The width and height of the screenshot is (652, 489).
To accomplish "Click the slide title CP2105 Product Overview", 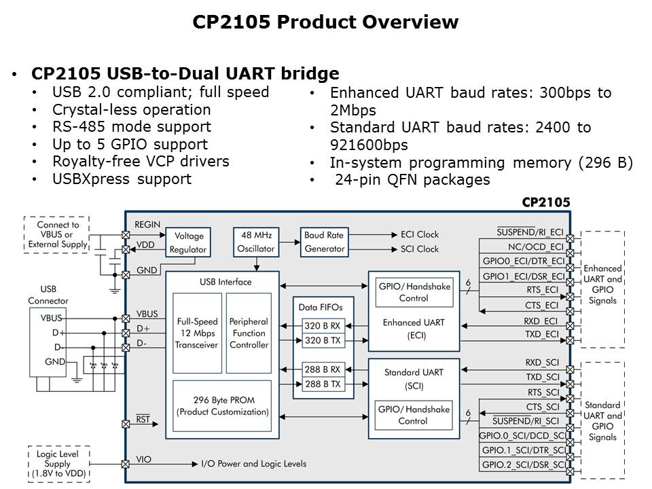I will click(x=325, y=22).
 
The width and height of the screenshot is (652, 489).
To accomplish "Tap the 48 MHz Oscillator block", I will click(x=255, y=242).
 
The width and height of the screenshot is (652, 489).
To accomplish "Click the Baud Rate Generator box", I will click(x=323, y=242).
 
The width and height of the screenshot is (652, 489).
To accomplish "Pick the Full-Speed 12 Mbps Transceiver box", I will click(x=197, y=333).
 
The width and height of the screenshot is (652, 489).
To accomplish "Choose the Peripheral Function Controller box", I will click(x=249, y=333).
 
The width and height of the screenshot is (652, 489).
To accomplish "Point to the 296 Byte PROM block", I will click(x=222, y=406).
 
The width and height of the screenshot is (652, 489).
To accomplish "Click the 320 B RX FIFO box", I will click(x=322, y=326).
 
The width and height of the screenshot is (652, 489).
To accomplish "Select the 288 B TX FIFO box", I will click(x=322, y=384).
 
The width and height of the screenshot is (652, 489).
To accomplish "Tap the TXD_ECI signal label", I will click(x=541, y=334).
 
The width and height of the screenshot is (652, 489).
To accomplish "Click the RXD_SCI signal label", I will click(x=543, y=363).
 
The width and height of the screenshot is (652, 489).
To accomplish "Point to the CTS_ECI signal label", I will click(x=541, y=306).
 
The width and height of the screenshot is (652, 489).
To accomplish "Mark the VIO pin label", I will click(x=143, y=459).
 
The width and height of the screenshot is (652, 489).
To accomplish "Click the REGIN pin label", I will click(x=147, y=224).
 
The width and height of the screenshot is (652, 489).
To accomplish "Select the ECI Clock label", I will click(x=419, y=234).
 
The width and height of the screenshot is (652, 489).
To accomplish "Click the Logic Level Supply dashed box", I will click(x=57, y=463).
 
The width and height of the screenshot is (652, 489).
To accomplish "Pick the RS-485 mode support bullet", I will click(x=131, y=127).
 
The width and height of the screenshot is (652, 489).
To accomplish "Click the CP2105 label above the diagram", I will click(x=545, y=202).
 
